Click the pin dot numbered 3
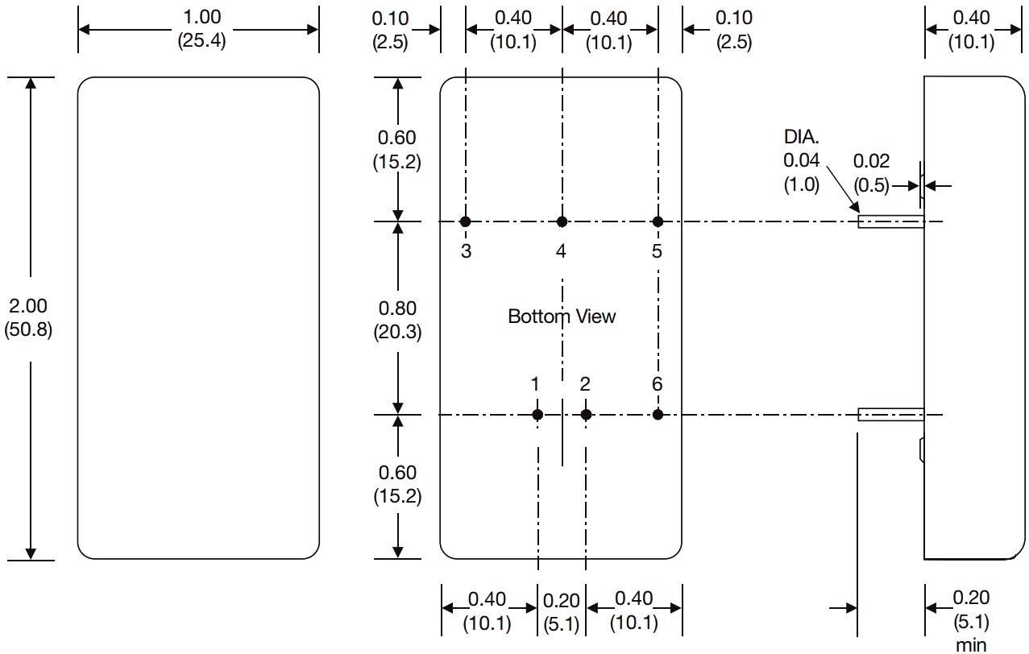click(466, 221)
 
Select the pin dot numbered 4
click(562, 221)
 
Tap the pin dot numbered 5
click(658, 221)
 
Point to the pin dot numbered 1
click(537, 415)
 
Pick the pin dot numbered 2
click(586, 415)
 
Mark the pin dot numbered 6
click(658, 415)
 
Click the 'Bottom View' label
click(562, 317)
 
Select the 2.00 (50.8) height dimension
click(28, 318)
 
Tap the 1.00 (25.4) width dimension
click(202, 29)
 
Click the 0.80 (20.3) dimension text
click(397, 320)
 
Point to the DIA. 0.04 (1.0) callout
click(802, 161)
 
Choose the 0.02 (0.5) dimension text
click(871, 173)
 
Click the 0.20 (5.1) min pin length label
click(971, 621)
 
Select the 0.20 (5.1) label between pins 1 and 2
click(562, 612)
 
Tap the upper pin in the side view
click(891, 221)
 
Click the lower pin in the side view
click(891, 415)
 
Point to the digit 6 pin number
click(658, 384)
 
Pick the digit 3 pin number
click(467, 251)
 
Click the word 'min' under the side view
click(971, 645)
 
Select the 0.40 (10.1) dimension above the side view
click(972, 30)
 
